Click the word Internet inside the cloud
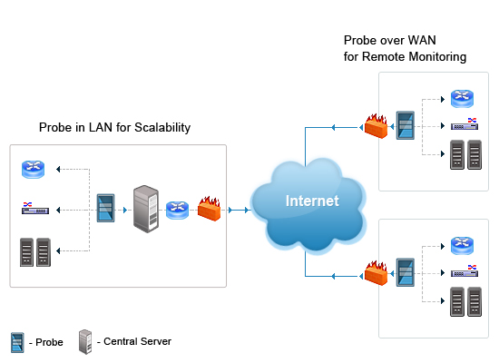(x=312, y=201)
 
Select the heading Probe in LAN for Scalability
(x=114, y=128)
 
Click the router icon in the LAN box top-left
(x=34, y=169)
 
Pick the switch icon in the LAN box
(x=34, y=210)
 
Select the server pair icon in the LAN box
(x=34, y=251)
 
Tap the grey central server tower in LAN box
(x=144, y=209)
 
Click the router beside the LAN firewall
(x=177, y=211)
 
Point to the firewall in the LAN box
(x=209, y=210)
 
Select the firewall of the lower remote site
(x=376, y=273)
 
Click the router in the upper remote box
(x=463, y=99)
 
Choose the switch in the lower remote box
(x=464, y=272)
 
